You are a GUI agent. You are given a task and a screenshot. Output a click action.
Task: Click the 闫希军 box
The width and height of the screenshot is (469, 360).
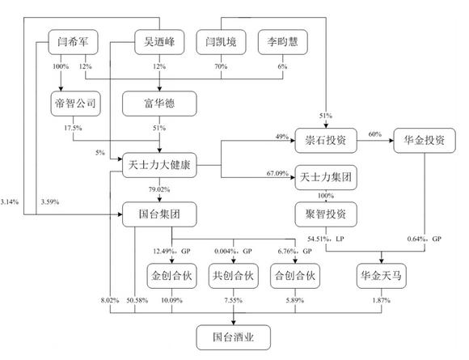(x=73, y=42)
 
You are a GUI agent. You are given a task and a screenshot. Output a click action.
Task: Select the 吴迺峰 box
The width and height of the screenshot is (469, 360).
(x=159, y=42)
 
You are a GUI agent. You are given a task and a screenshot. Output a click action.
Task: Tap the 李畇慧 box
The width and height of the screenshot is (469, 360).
(x=283, y=42)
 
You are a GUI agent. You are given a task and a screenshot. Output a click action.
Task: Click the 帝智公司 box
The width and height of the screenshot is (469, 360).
(x=75, y=104)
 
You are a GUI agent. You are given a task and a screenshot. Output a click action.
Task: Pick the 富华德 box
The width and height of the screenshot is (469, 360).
(x=159, y=104)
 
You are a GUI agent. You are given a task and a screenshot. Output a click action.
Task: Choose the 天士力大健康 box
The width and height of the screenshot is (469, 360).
(x=159, y=165)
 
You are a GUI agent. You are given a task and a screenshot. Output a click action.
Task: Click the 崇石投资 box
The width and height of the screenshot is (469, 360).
(x=326, y=140)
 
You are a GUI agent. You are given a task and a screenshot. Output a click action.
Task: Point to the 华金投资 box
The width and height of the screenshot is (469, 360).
(x=425, y=140)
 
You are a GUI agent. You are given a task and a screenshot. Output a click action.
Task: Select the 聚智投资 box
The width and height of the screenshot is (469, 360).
(x=326, y=214)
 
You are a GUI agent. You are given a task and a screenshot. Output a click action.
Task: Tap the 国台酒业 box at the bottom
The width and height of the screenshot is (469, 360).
(x=234, y=337)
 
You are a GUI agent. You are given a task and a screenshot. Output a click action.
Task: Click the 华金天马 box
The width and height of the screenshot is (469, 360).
(x=382, y=276)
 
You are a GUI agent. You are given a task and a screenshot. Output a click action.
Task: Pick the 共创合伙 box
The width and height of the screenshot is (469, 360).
(x=234, y=276)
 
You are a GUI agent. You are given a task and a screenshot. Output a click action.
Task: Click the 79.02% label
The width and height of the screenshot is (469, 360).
(x=159, y=189)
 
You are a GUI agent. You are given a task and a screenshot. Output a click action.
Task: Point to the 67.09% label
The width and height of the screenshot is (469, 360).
(x=277, y=173)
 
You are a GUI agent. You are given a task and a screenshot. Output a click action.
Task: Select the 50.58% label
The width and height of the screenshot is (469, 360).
(x=137, y=300)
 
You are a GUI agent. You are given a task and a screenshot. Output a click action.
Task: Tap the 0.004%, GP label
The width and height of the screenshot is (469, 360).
(x=234, y=251)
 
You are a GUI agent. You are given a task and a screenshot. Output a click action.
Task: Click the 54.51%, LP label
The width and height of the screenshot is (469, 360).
(x=326, y=239)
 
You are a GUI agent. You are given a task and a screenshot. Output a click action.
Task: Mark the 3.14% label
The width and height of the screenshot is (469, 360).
(x=10, y=202)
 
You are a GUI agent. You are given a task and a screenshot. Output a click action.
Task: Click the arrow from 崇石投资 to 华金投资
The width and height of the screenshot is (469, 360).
(x=375, y=140)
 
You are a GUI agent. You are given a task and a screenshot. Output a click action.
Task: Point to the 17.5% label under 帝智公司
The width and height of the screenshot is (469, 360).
(x=73, y=128)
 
